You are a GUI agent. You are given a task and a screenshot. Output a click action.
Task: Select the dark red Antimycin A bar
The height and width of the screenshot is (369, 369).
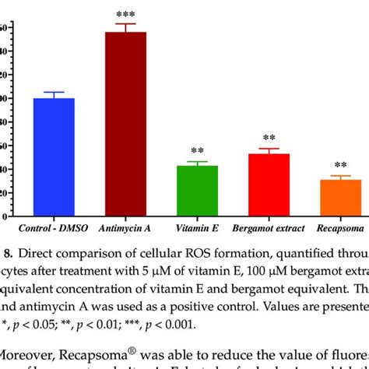[x=125, y=125]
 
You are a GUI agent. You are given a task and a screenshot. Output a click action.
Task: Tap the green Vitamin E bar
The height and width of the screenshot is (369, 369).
[x=196, y=191]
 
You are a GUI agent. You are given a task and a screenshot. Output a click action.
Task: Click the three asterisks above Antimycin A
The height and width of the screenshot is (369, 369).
[x=125, y=16]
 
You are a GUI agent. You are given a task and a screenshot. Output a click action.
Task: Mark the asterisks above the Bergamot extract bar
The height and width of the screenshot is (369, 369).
[x=269, y=138]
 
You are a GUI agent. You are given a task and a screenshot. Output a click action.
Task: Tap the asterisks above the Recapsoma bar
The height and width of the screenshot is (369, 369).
[x=340, y=166]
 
